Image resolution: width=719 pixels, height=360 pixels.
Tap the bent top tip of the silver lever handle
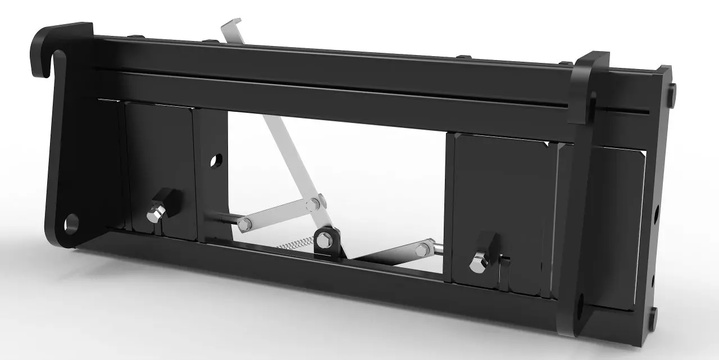tap(231, 24)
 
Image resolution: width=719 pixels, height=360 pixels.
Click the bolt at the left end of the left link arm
tap(243, 225)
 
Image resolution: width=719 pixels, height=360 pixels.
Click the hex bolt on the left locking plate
tap(153, 215)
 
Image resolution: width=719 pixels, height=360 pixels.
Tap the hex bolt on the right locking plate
tap(478, 263)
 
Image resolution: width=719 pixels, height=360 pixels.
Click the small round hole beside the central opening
tap(215, 161)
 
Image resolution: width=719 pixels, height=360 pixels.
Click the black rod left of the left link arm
tap(222, 220)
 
